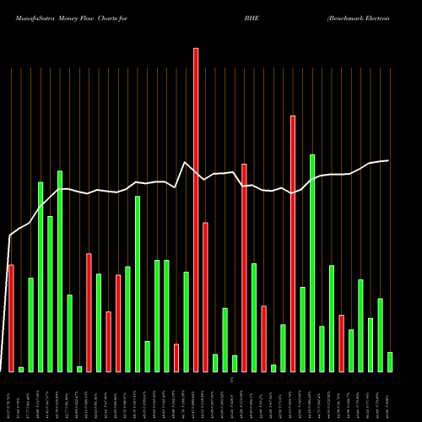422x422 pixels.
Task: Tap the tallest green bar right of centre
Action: pos(312,262)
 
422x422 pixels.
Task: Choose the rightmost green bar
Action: pos(390,362)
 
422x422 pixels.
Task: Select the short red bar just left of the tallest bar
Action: pos(176,358)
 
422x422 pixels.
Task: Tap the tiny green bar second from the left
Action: pos(21,370)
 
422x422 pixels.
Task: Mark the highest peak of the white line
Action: pos(185,162)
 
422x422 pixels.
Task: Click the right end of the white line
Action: pos(388,160)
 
